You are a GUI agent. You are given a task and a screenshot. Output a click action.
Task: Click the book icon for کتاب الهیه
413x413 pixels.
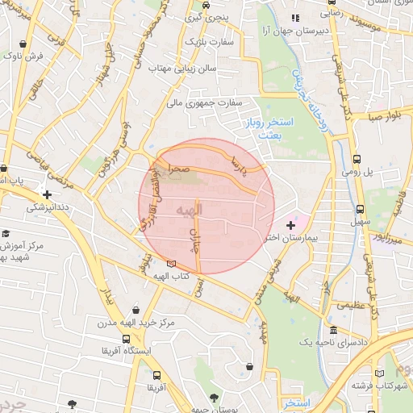click(x=170, y=263)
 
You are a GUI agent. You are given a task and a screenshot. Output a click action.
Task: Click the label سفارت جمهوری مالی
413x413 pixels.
click(x=204, y=102)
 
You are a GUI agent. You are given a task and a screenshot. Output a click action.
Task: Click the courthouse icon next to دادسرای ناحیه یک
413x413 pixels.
click(x=333, y=331)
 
